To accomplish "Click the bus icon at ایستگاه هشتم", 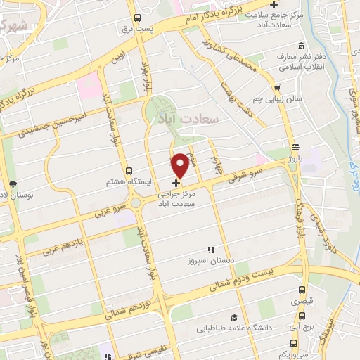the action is click(x=128, y=171).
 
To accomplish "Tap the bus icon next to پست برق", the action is click(x=136, y=18).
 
